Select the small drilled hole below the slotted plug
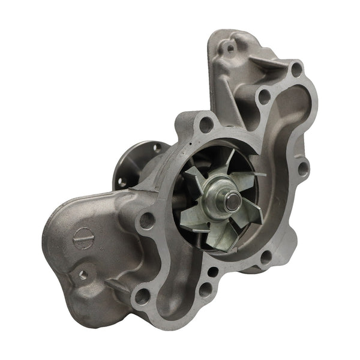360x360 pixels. pos(83,274)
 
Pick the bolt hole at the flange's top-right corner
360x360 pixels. pos(296,68)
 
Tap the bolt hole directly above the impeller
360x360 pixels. pos(206,125)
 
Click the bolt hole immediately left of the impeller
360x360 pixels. pos(147,220)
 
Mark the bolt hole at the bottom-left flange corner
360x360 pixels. pos(142,295)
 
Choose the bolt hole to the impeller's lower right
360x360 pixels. pos(265,258)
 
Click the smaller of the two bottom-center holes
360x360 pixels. pos(212,271)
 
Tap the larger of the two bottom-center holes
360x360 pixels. pos(205,290)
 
